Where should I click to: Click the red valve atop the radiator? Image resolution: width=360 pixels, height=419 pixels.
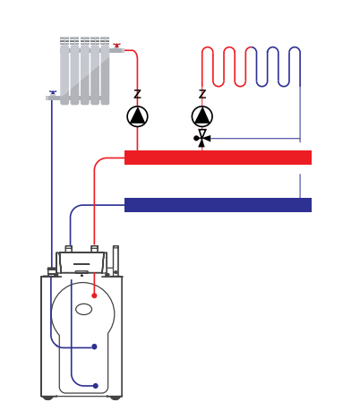point(116,46)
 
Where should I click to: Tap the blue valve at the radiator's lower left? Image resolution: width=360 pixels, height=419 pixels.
point(53,92)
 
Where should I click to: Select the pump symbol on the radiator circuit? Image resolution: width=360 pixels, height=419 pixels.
point(137,116)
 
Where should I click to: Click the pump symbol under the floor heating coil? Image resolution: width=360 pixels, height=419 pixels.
point(202,116)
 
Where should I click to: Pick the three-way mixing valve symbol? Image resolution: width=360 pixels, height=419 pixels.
point(202,138)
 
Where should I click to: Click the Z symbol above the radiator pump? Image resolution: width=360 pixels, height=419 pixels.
point(137,94)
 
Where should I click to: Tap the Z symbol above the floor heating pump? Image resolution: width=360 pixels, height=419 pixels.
point(202,94)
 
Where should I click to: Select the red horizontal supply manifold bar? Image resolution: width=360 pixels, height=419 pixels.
point(218,158)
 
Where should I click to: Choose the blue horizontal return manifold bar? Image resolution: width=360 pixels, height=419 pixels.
point(218,205)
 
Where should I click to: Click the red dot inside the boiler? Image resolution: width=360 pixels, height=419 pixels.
point(94,295)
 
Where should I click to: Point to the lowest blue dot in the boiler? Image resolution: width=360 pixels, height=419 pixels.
point(96,386)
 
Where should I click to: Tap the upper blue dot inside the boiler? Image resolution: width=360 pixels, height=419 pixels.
point(94,346)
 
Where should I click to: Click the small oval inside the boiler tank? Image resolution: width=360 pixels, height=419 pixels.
point(83,309)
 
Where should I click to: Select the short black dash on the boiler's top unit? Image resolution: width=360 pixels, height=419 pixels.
point(81,264)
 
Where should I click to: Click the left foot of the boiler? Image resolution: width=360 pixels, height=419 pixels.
point(47,398)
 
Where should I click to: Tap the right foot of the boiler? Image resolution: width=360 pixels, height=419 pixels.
point(116,398)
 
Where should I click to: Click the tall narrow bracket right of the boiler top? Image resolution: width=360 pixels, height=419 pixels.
point(116,261)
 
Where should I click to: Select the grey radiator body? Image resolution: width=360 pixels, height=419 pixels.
point(85,71)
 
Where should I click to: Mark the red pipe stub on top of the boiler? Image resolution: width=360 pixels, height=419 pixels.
point(94,249)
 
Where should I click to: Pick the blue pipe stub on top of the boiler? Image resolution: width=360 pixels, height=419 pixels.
point(69,249)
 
